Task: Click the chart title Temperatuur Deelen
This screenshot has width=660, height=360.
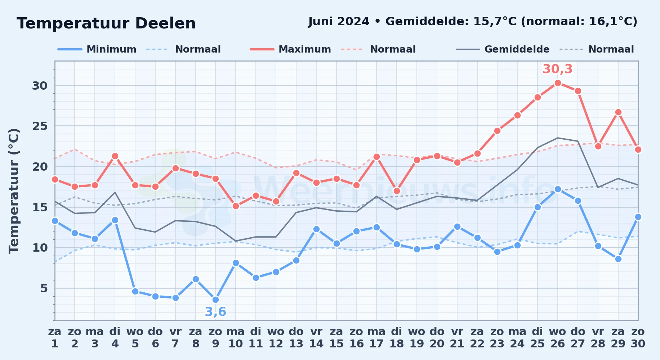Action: click(x=106, y=23)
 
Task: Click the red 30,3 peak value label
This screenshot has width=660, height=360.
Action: click(x=557, y=69)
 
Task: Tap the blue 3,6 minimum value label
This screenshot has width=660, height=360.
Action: click(x=215, y=312)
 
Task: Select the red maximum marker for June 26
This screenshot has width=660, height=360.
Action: click(x=558, y=83)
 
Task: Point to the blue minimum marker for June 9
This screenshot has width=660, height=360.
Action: click(x=215, y=300)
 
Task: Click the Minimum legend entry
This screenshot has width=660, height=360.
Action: click(x=97, y=49)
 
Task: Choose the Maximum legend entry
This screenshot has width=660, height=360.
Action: click(x=290, y=49)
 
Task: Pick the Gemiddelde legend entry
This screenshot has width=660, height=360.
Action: click(x=503, y=49)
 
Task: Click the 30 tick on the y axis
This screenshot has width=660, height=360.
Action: click(x=40, y=86)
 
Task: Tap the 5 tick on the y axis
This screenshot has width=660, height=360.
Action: click(x=44, y=288)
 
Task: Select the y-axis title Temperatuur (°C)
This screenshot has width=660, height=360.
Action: click(x=14, y=191)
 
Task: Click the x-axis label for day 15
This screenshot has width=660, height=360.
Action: click(x=336, y=338)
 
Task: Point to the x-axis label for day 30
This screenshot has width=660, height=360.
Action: click(x=638, y=338)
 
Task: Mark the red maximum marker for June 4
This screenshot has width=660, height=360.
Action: click(x=115, y=156)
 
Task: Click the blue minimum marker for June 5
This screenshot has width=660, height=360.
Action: click(x=135, y=291)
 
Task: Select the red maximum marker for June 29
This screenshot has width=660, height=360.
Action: click(x=618, y=112)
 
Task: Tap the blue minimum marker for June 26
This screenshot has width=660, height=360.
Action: click(x=558, y=189)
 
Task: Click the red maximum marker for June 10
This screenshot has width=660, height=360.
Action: click(x=236, y=206)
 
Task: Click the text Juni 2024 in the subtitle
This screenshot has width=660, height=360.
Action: click(x=339, y=22)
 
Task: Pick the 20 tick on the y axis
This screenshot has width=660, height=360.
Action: click(x=40, y=167)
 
